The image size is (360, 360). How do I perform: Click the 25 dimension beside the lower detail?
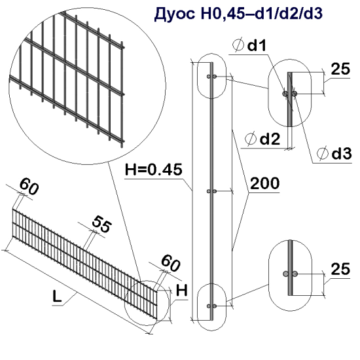pyautogui.click(x=339, y=269)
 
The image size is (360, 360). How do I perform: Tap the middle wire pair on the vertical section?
pyautogui.click(x=211, y=192)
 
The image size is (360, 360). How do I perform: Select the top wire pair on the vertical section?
pyautogui.click(x=211, y=78)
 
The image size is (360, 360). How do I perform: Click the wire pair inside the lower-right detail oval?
pyautogui.click(x=289, y=273)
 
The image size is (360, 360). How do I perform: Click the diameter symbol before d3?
pyautogui.click(x=322, y=153)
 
